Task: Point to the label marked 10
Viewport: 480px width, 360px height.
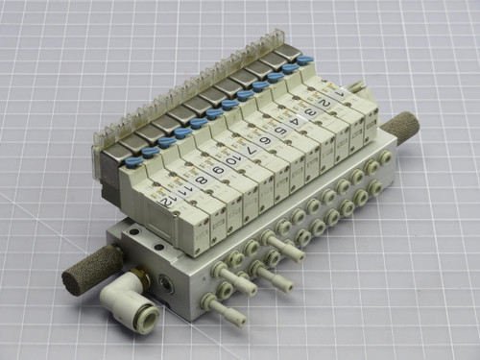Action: (x=233, y=160)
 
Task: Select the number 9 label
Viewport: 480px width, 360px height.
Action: (x=216, y=171)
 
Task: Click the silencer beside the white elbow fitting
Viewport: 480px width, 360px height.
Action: (x=90, y=270)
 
